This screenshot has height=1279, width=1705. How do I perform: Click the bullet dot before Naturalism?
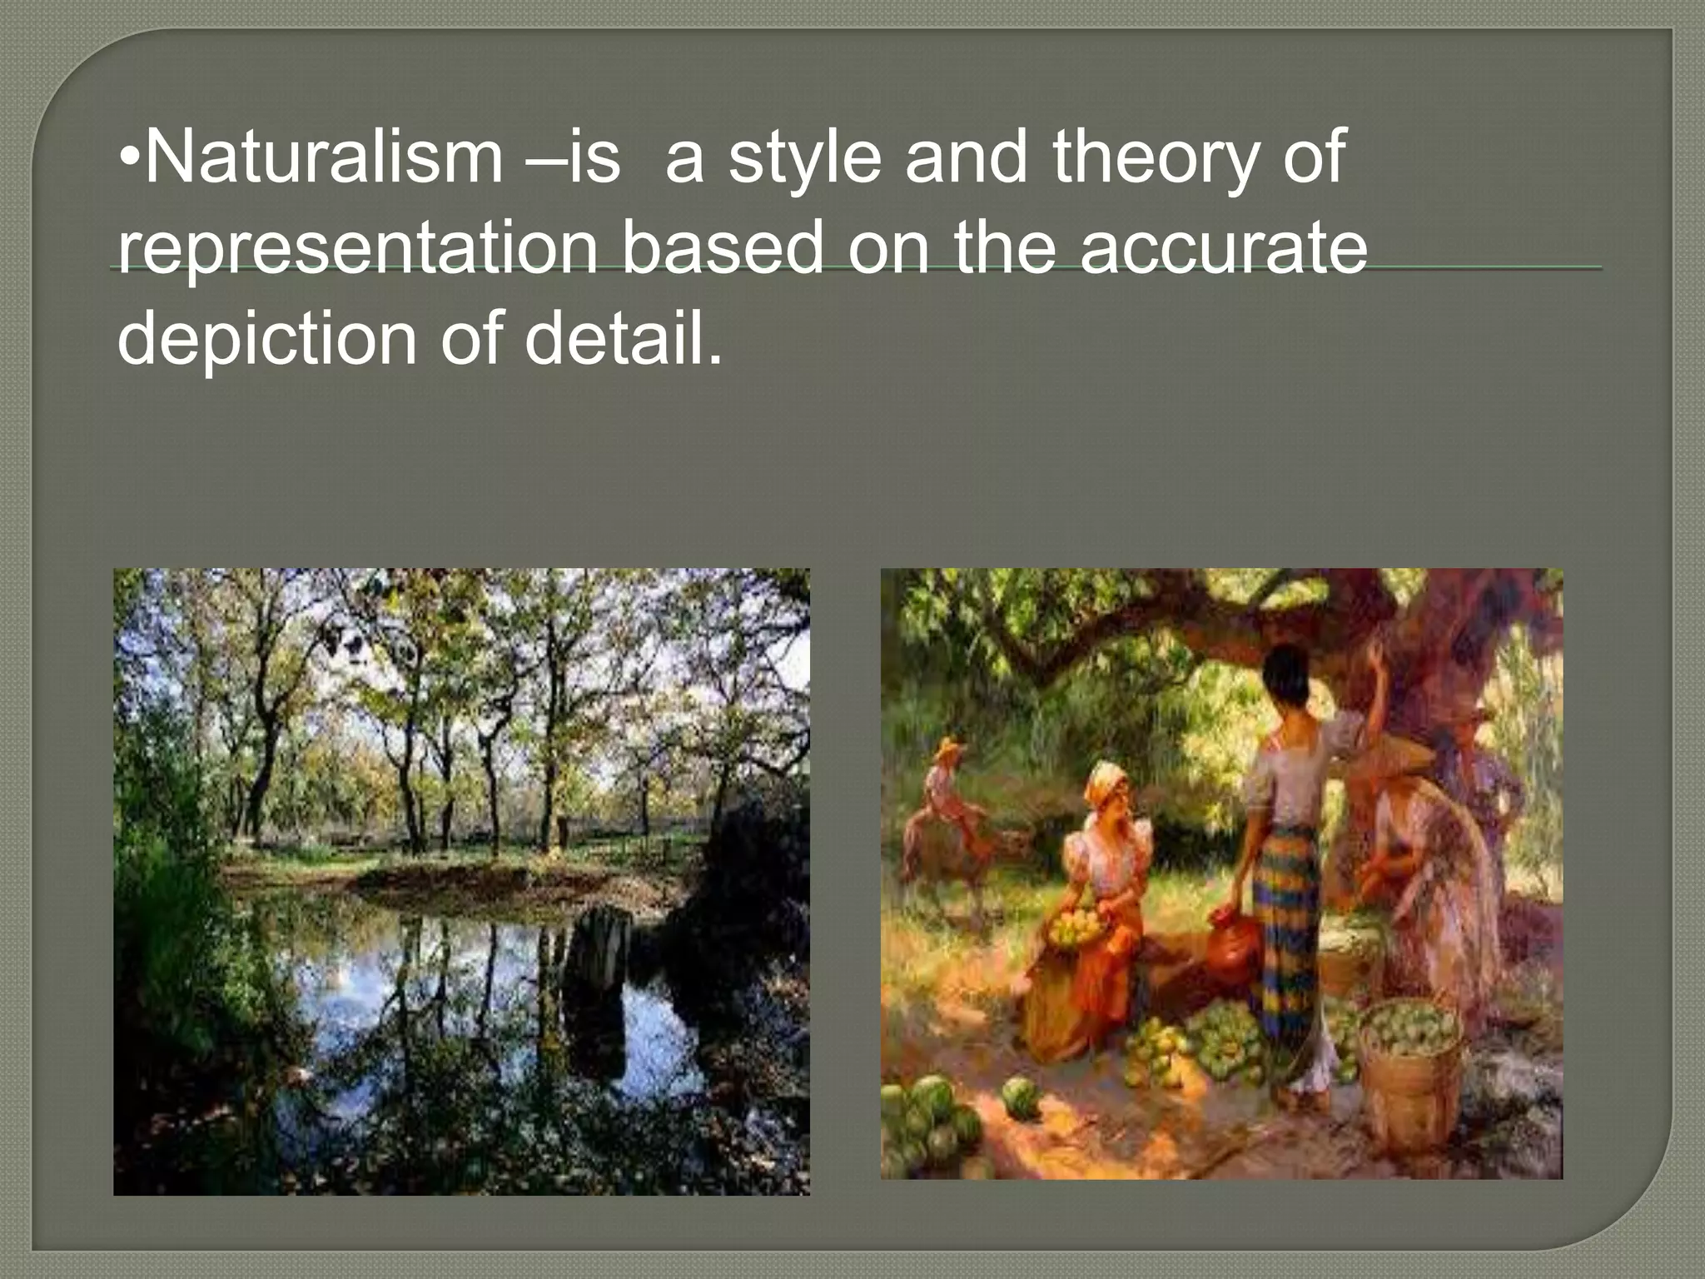[129, 158]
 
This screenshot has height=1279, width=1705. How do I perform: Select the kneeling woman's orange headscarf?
[1107, 782]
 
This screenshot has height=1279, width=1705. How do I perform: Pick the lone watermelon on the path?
[1022, 1097]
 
